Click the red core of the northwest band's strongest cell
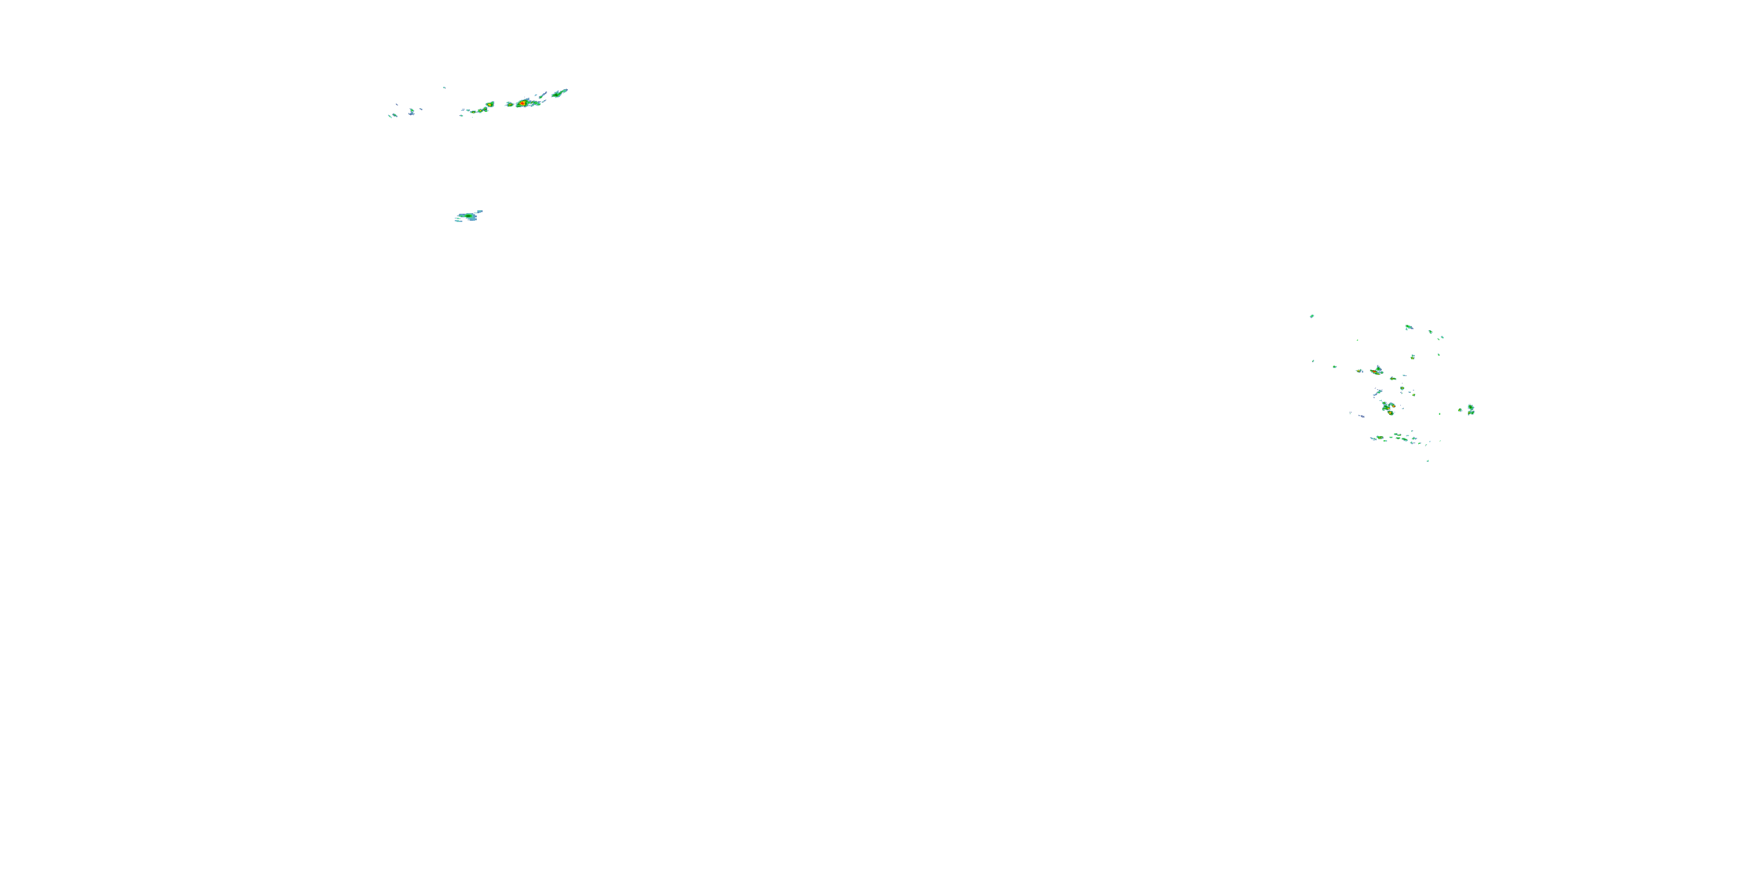[523, 103]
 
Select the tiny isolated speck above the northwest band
[444, 87]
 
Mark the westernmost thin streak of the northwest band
[390, 115]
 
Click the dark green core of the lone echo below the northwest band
[467, 216]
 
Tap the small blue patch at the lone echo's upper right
[479, 211]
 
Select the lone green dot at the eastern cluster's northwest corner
[1312, 315]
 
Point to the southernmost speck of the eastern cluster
[1427, 461]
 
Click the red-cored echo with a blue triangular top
[1378, 370]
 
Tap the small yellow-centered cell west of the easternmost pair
[1460, 410]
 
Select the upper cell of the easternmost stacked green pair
[1471, 407]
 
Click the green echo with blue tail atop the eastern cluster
[1408, 327]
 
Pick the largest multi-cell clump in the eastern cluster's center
[1388, 407]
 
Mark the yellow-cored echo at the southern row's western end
[1381, 438]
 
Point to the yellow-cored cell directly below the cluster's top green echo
[1413, 356]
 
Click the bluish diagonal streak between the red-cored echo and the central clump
[1378, 392]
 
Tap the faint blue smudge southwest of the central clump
[1361, 415]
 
